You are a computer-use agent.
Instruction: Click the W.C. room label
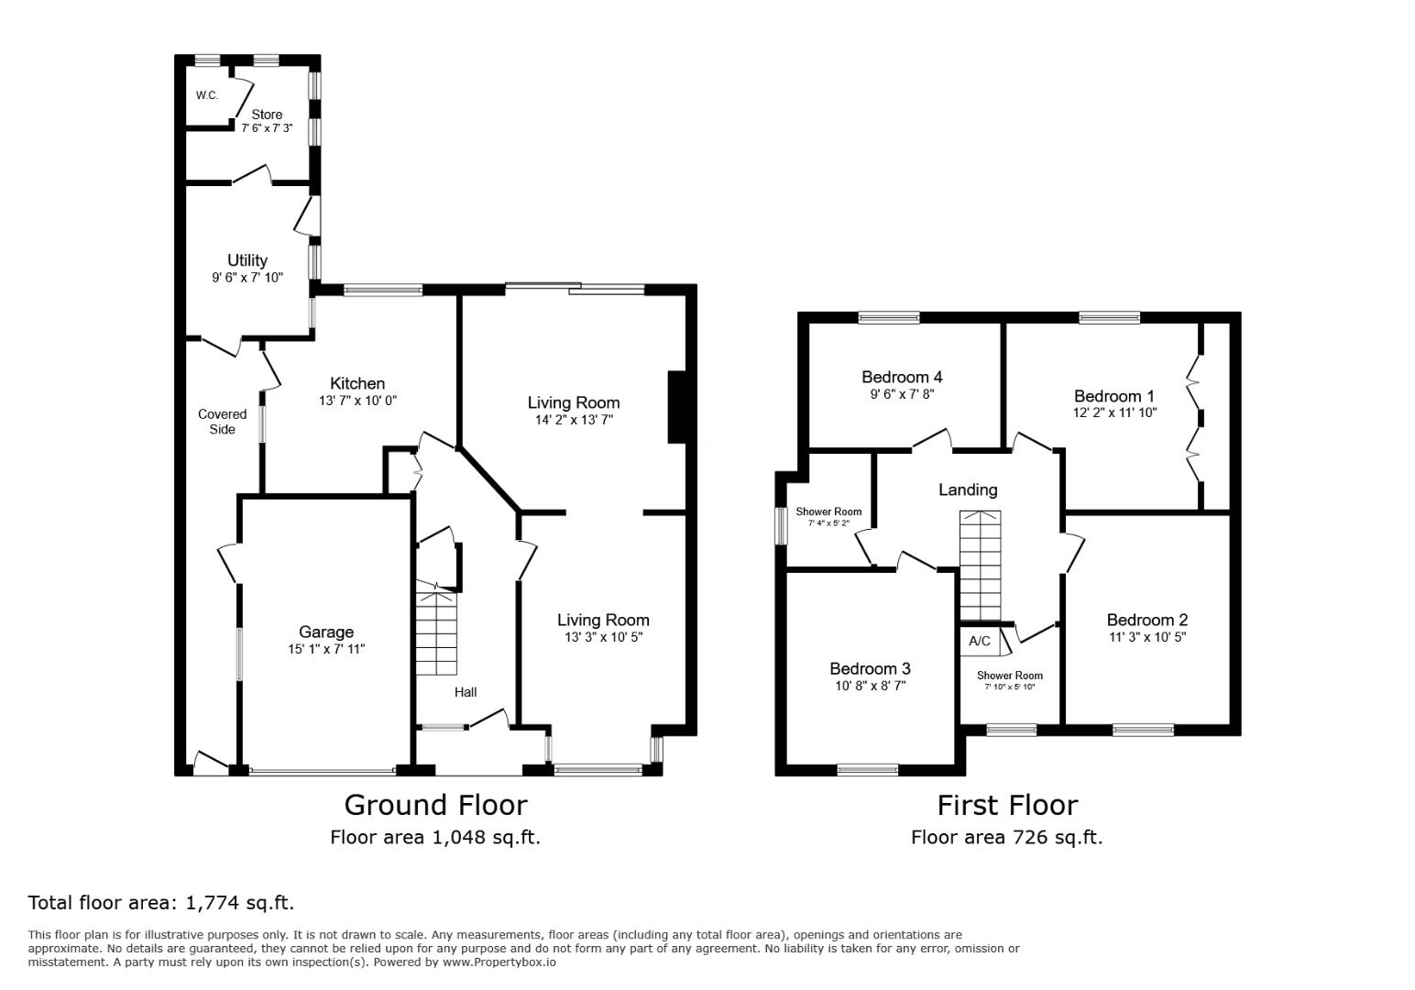206,95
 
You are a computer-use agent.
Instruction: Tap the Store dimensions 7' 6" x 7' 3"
267,128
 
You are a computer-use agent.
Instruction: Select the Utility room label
247,260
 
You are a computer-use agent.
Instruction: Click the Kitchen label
357,383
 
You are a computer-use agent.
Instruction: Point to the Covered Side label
223,422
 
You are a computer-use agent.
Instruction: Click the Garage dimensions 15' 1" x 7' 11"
326,649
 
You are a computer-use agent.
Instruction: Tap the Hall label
466,692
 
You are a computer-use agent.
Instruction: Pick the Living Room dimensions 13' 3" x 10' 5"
603,637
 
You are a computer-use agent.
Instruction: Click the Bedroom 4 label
902,377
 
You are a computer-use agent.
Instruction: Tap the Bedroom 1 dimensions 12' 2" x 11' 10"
1114,412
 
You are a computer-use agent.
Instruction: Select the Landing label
968,489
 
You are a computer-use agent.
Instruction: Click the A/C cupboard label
980,641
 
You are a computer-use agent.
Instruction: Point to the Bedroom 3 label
870,668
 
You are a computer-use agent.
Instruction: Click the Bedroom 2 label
1146,620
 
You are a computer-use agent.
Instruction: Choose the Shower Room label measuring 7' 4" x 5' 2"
828,511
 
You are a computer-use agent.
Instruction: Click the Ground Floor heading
435,805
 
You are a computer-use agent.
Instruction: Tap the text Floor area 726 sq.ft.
1006,837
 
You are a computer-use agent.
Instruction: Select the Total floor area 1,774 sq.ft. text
161,902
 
